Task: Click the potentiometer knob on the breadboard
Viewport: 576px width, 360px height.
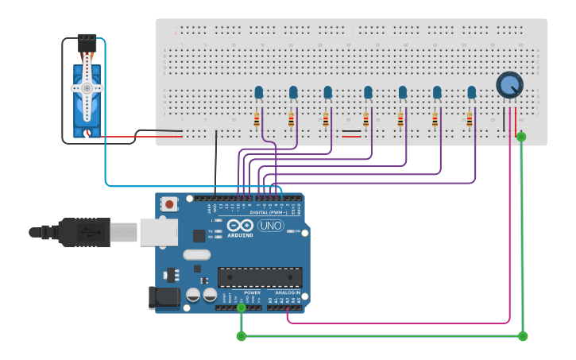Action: (x=508, y=84)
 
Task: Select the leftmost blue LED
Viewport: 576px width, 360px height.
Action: (x=259, y=93)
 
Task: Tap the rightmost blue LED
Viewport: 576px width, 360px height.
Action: (x=472, y=93)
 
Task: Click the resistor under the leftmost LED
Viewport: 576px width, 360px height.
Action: (x=256, y=120)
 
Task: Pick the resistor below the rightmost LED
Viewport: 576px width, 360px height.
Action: (x=469, y=120)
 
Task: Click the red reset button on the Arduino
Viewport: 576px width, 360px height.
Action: (x=169, y=204)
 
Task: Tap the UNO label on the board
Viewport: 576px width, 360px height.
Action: (x=270, y=226)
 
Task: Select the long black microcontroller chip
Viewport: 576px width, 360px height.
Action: (x=260, y=277)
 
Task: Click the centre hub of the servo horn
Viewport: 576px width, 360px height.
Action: (x=87, y=89)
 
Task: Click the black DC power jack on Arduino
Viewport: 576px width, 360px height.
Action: (x=163, y=298)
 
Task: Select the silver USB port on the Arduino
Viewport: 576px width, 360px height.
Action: (x=158, y=231)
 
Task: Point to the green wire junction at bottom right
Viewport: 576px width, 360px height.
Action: (x=523, y=336)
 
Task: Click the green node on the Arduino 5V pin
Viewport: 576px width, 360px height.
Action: (x=242, y=308)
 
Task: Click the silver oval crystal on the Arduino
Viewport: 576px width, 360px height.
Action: (x=196, y=255)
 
